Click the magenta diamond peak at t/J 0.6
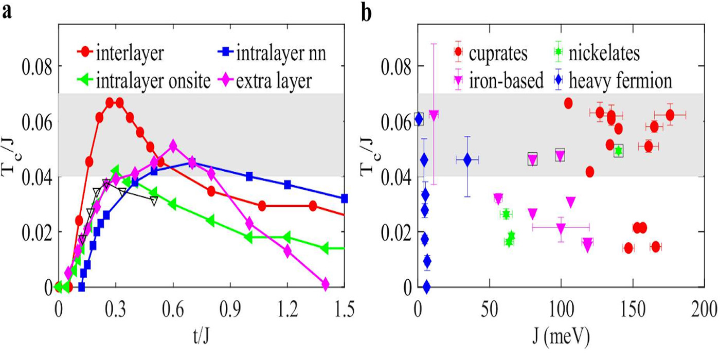pyautogui.click(x=173, y=147)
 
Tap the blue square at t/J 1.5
pyautogui.click(x=345, y=198)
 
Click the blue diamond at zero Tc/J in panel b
pyautogui.click(x=426, y=286)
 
